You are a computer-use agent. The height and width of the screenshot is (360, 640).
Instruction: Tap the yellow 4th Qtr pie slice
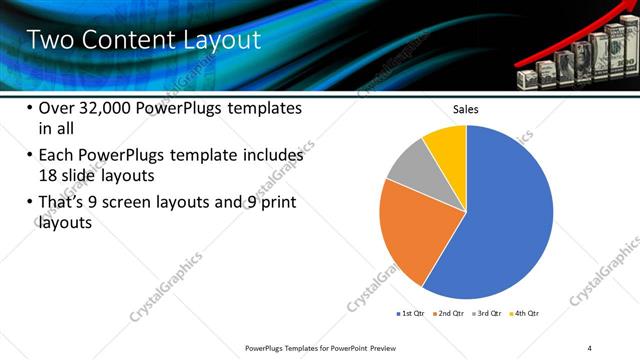pos(447,147)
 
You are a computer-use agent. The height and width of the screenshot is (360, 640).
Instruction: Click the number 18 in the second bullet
pos(48,175)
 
